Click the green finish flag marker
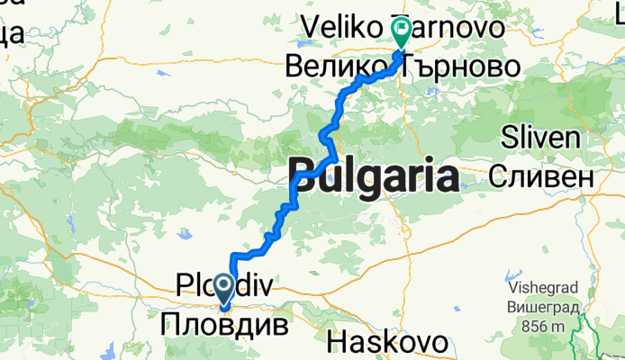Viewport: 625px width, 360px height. (x=399, y=32)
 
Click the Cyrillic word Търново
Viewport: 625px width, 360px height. (x=461, y=66)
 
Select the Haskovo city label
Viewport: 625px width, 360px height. (x=388, y=342)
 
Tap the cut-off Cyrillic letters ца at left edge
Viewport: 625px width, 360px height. (x=13, y=34)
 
